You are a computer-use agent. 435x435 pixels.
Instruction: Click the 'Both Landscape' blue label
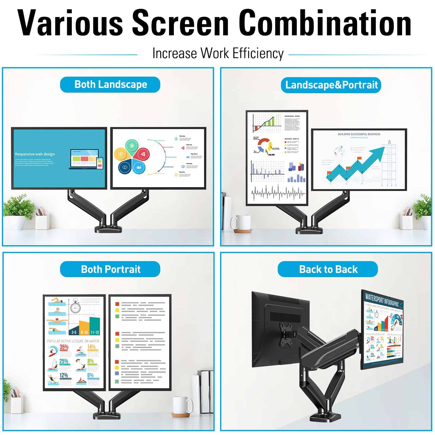[x=110, y=85]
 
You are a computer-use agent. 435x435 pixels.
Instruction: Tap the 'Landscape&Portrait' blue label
[x=331, y=85]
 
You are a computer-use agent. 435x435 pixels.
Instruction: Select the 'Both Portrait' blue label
[x=110, y=269]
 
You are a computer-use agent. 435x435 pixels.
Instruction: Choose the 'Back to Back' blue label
[x=328, y=269]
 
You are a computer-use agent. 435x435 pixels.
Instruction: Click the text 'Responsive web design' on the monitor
[x=35, y=154]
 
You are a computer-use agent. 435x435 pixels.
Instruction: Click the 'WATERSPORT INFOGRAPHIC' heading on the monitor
[x=382, y=300]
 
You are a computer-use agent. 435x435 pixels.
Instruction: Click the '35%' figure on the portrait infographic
[x=64, y=347]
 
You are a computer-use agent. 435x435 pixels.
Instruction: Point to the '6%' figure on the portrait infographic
[x=90, y=375]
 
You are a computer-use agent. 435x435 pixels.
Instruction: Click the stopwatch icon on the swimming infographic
[x=75, y=307]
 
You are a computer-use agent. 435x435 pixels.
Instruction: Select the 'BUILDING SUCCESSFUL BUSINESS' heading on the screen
[x=359, y=134]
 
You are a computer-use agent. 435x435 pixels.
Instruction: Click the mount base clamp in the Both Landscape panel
[x=108, y=228]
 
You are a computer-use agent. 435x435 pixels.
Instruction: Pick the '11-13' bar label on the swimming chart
[x=95, y=332]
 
